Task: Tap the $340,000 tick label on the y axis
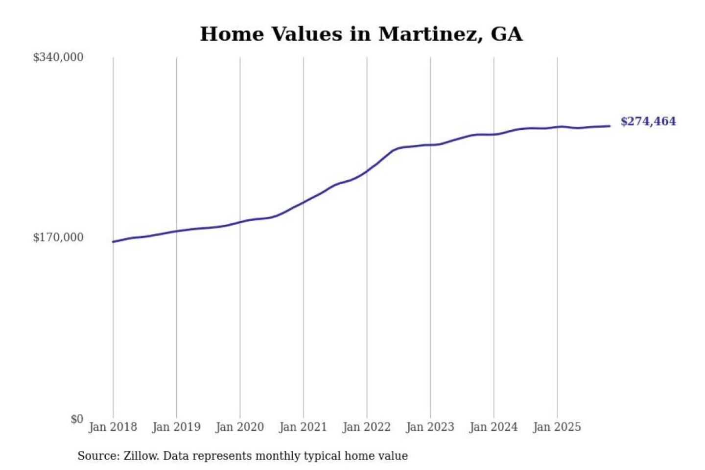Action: [x=58, y=57]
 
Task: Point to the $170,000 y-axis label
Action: [x=58, y=237]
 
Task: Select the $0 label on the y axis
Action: [x=77, y=419]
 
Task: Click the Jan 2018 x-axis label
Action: [x=113, y=427]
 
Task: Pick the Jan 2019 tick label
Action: [x=176, y=427]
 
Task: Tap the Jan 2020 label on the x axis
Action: [x=239, y=427]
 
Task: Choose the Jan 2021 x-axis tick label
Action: [x=303, y=427]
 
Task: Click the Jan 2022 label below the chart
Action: [x=367, y=427]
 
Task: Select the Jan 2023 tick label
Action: [x=430, y=427]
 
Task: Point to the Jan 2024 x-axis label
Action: [x=493, y=427]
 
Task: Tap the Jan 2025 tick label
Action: [x=557, y=427]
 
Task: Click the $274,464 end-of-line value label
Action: [x=648, y=121]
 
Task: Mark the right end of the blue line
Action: [x=610, y=126]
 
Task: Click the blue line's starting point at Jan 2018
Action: [x=113, y=241]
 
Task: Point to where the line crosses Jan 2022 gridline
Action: [x=367, y=171]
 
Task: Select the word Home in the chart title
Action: [x=232, y=34]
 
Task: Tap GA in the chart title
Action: [x=506, y=34]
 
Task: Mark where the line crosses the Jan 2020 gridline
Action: [x=240, y=222]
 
